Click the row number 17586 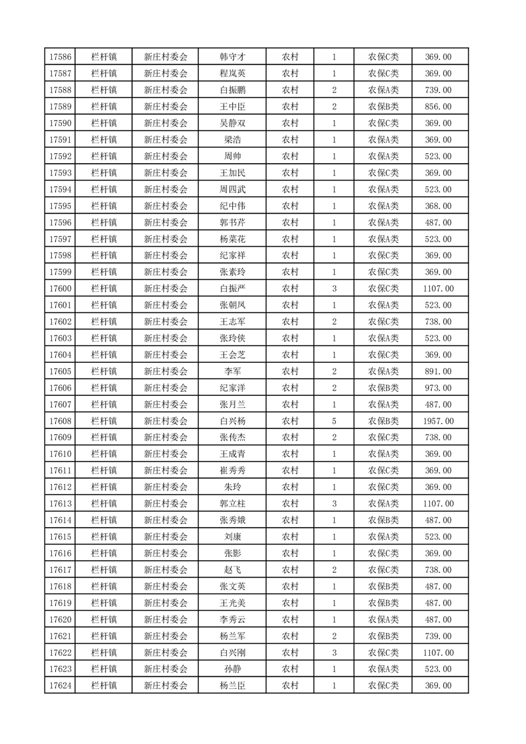tap(60, 57)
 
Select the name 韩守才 tap(232, 57)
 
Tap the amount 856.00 tap(438, 107)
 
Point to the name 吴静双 tap(232, 123)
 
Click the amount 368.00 tap(438, 206)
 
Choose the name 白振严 tap(232, 288)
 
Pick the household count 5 tap(334, 421)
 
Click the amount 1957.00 tap(438, 421)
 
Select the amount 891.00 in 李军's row tap(438, 371)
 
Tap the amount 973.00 tap(438, 388)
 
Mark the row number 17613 tap(60, 504)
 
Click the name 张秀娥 tap(232, 521)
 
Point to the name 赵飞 tap(232, 570)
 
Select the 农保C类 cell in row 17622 tap(383, 652)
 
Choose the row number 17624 tap(60, 686)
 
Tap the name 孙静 tap(232, 669)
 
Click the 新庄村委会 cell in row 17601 tap(166, 305)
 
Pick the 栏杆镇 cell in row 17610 tap(104, 454)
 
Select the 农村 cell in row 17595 tap(290, 206)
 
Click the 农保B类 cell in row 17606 tap(383, 388)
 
